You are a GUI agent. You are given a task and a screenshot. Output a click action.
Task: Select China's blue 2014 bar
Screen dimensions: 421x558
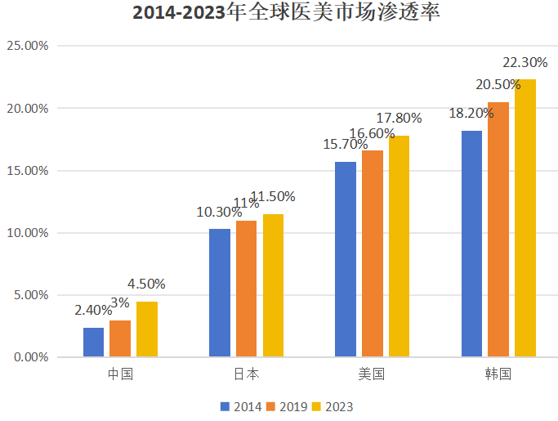pos(94,342)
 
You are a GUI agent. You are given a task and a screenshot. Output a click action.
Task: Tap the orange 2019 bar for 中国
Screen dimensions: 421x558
pos(120,338)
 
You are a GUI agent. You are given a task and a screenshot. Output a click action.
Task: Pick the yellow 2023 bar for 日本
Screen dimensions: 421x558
pos(273,285)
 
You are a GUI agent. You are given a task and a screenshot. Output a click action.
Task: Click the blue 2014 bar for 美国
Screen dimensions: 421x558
pos(346,259)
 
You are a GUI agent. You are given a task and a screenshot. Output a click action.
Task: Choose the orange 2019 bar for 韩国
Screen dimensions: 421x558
pos(498,230)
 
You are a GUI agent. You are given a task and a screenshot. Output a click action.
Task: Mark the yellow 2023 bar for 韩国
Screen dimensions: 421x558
pos(525,218)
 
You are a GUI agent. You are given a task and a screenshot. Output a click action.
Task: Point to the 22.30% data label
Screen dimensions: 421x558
pos(525,62)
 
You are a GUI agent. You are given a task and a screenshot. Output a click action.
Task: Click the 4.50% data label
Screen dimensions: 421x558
pos(147,284)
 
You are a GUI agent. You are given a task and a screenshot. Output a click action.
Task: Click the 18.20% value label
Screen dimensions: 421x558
pos(471,114)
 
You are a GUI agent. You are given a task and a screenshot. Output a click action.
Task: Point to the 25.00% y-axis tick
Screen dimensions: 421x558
pos(28,46)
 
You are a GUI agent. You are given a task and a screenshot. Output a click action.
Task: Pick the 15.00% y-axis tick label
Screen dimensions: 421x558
pos(28,171)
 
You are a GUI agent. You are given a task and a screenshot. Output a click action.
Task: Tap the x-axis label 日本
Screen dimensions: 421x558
pos(246,375)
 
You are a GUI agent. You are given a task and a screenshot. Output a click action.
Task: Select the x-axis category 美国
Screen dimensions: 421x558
pos(372,375)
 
